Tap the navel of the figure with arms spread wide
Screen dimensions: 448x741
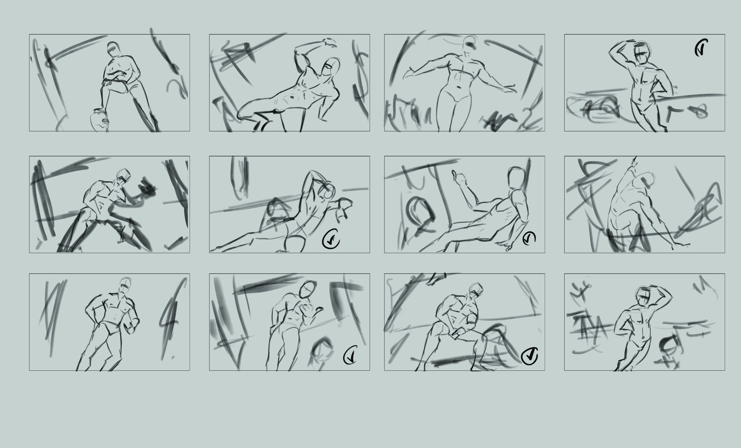[x=459, y=87]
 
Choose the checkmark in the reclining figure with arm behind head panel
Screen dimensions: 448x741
[x=331, y=239]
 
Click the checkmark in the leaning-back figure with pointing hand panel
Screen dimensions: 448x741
[x=529, y=238]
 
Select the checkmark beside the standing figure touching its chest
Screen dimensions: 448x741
[x=350, y=355]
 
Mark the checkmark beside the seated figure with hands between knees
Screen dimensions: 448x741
[x=529, y=356]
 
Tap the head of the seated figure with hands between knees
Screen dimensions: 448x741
[x=476, y=290]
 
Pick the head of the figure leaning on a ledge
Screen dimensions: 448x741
[x=641, y=53]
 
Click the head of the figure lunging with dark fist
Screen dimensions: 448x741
[x=124, y=176]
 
